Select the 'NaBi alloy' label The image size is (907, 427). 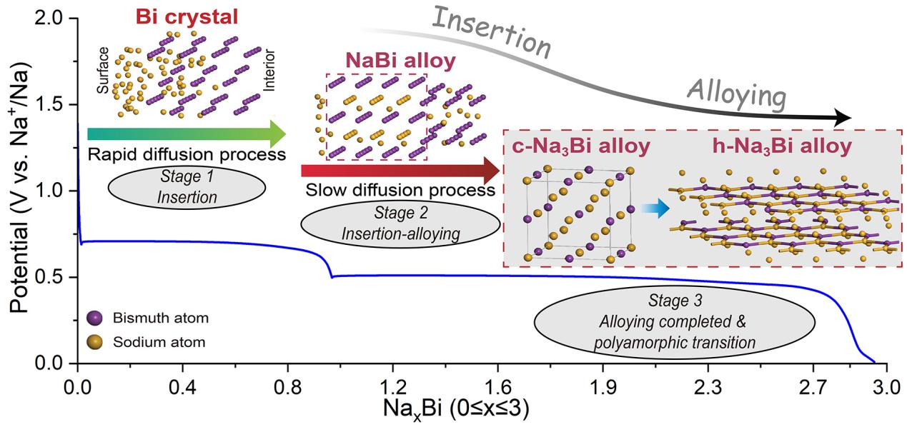point(401,61)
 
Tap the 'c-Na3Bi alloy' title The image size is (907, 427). point(580,146)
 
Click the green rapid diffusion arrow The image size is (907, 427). point(186,134)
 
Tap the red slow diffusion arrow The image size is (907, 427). point(400,171)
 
